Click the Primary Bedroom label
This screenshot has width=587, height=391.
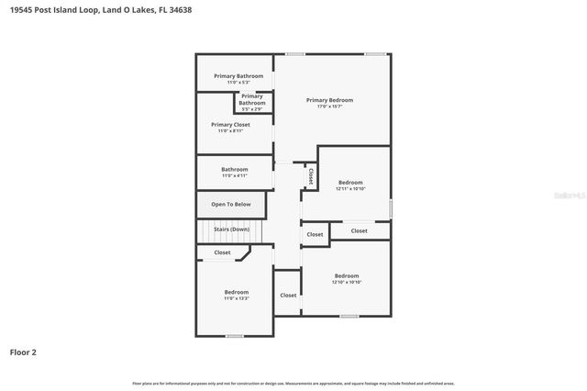point(329,100)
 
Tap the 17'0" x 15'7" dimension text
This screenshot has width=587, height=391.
point(329,106)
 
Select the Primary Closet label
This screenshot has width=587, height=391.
point(230,124)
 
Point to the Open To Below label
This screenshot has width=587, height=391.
point(230,205)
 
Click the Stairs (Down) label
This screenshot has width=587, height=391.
point(231,229)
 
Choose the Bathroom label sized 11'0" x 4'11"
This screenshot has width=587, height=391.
point(235,169)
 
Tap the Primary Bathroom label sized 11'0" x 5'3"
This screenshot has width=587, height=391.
point(238,75)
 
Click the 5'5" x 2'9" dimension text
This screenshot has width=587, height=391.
point(252,109)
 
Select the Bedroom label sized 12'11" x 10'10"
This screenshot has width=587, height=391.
point(349,182)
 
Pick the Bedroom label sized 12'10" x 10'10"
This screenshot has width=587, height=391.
point(347,275)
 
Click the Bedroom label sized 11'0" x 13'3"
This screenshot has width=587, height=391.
point(237,292)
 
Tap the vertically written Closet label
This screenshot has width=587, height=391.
point(311,176)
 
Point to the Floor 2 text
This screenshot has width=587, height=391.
point(23,352)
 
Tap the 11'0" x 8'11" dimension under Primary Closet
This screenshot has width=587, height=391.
point(230,131)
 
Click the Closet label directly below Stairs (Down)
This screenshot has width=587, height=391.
point(223,252)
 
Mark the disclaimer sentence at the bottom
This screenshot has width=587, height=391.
point(293,383)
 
